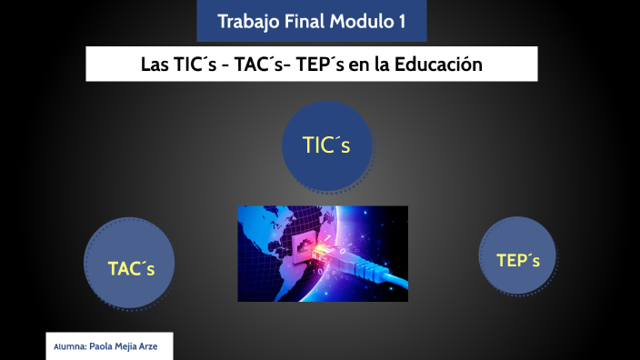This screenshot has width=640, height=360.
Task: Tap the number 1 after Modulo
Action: (401, 21)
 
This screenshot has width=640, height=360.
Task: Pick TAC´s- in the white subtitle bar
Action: (263, 65)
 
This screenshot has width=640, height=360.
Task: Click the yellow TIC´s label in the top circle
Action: (325, 145)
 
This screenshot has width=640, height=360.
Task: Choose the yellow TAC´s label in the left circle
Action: (131, 269)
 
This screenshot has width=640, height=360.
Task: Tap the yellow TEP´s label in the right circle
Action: (518, 261)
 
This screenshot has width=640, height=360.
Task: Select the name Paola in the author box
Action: (104, 347)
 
